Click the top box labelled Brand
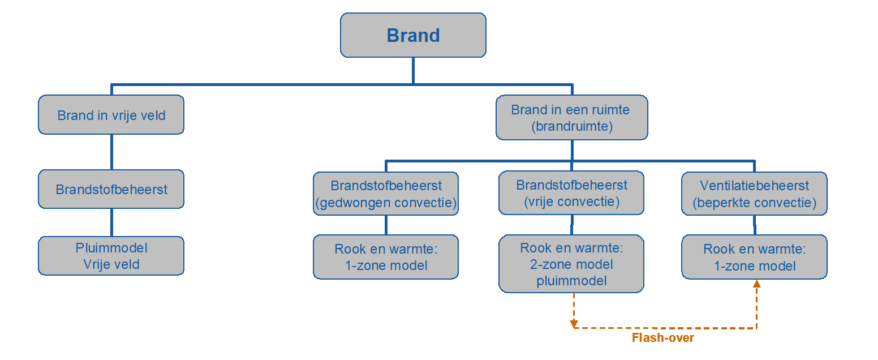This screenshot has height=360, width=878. pos(413,35)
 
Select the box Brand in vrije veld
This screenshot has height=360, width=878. pos(111,115)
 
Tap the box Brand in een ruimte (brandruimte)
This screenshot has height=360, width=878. pos(571,118)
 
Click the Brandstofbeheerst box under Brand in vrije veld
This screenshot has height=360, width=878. pos(111,190)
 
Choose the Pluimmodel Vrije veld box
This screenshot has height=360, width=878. pos(111,256)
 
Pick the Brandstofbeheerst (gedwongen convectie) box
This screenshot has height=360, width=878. pos(386,194)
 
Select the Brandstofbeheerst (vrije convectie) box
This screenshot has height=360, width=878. pos(571,194)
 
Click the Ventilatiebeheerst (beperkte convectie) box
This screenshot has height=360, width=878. pos(754,194)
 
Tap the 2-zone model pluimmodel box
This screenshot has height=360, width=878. pos(571,264)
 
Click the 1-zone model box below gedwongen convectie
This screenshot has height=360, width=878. pos(386,257)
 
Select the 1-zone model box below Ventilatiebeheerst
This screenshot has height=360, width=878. pos(754,257)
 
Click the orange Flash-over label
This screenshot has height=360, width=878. pos(662,338)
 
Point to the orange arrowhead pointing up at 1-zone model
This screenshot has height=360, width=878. pos(756,284)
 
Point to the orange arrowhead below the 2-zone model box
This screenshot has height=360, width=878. pos(574,324)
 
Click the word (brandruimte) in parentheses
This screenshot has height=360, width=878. pos(571,126)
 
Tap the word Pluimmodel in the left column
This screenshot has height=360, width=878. pos(111,248)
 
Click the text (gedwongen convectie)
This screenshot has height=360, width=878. pos(386,202)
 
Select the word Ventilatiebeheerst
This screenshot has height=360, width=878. pos(754,186)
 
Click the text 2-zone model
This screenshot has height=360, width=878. pos(571,264)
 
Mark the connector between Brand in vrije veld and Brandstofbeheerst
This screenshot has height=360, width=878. pos(111,152)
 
